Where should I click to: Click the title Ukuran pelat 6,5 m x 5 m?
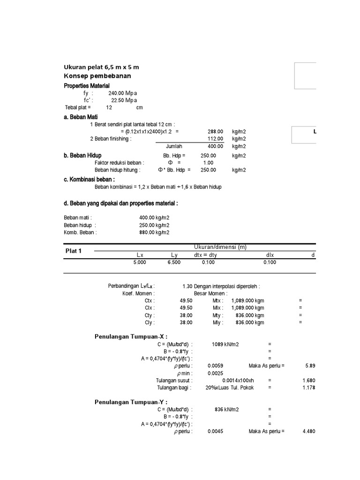click(x=101, y=67)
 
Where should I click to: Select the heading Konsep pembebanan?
click(x=97, y=76)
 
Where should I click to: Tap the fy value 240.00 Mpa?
click(x=122, y=93)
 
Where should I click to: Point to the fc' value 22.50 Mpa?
click(x=124, y=100)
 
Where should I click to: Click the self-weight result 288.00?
click(x=215, y=132)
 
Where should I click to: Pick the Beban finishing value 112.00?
click(x=215, y=139)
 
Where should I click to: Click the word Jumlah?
click(x=173, y=146)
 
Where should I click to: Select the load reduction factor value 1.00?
click(x=208, y=163)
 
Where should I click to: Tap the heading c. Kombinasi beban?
click(x=89, y=179)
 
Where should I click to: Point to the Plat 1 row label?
click(x=73, y=251)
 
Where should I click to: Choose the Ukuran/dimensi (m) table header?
click(x=220, y=247)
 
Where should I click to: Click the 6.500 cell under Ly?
click(x=174, y=262)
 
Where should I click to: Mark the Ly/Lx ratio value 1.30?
click(x=187, y=286)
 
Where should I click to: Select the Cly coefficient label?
click(x=150, y=322)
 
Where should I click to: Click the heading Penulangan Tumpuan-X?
click(x=131, y=336)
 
